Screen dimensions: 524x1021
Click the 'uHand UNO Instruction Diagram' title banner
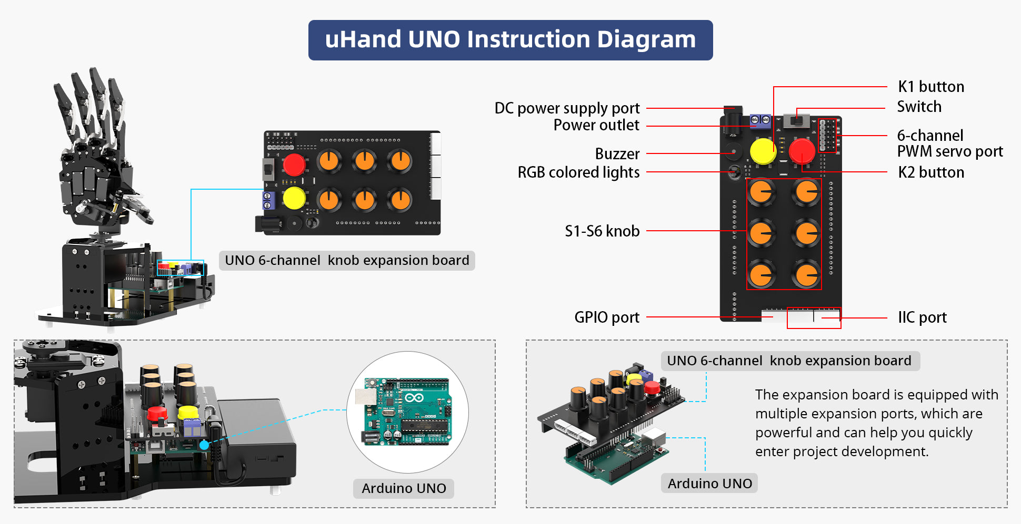[510, 40]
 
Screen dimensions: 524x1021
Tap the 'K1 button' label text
[930, 87]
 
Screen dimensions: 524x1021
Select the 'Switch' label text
[919, 107]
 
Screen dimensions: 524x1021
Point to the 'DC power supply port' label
[567, 108]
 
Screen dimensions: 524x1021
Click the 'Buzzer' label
[617, 154]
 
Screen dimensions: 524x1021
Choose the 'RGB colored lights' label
[578, 172]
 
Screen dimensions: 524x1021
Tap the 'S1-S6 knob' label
[602, 231]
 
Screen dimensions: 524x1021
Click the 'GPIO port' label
[606, 317]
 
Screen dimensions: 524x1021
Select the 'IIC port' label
[922, 317]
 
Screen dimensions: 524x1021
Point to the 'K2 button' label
[930, 172]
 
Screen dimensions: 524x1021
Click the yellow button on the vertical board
[763, 151]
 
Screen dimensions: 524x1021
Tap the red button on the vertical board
[802, 151]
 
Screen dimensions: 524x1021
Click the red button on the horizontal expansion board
[294, 165]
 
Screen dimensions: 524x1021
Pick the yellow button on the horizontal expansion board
[294, 199]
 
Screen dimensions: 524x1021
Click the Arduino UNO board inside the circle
[406, 412]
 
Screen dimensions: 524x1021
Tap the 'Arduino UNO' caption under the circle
[404, 488]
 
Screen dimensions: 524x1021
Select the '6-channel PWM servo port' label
[949, 143]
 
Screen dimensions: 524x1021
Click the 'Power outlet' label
[596, 126]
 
